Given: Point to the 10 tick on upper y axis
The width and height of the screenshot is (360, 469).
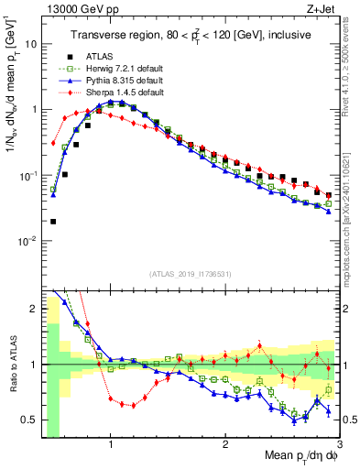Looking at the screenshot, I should pyautogui.click(x=32, y=43).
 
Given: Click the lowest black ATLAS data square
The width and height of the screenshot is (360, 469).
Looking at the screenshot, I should pyautogui.click(x=53, y=221).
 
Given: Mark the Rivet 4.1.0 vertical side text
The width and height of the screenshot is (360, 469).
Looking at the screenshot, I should pyautogui.click(x=351, y=64).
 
